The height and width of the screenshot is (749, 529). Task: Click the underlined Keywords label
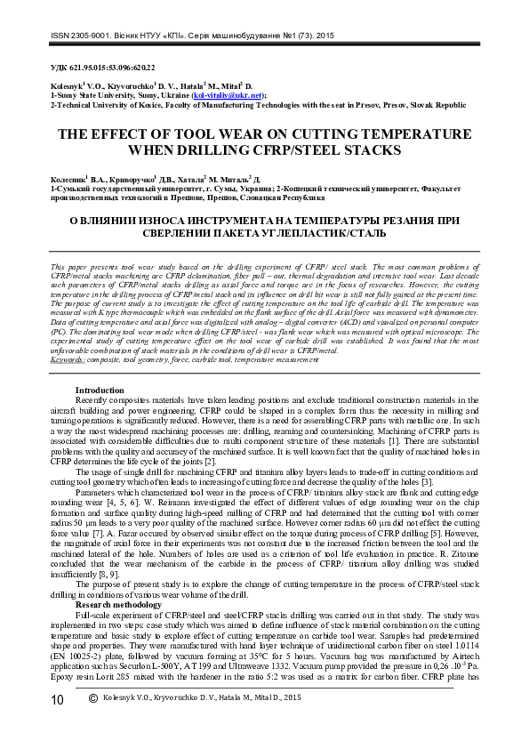[68, 360]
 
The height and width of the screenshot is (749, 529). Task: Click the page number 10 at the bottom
[57, 724]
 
